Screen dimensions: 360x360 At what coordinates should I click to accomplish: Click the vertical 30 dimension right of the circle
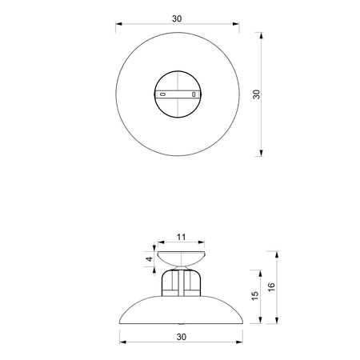(257, 94)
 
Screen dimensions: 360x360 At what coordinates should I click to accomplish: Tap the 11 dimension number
(180, 237)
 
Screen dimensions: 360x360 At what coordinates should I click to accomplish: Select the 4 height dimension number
(148, 258)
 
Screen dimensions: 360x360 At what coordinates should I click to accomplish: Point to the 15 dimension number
(255, 295)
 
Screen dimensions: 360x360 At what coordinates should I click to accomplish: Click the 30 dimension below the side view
(180, 336)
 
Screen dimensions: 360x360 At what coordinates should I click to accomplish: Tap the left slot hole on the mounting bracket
(163, 94)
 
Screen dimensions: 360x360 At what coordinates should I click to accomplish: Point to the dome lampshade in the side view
(180, 310)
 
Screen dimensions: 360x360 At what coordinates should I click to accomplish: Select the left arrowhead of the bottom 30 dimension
(122, 343)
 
